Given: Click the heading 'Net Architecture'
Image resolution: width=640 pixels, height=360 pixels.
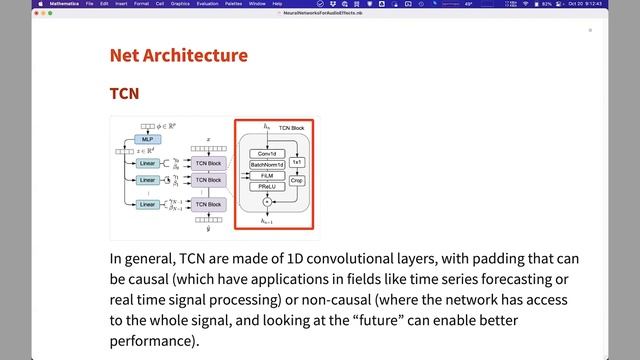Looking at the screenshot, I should (178, 54).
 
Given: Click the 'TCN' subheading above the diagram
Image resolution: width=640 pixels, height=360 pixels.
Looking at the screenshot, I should (124, 93).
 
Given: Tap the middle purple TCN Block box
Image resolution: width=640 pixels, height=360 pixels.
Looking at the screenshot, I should (208, 179).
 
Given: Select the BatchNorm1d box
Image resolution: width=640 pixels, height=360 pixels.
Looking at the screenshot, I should (267, 163).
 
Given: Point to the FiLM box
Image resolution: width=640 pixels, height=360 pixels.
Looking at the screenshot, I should (267, 175).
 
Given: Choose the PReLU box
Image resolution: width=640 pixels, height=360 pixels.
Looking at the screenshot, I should (267, 186).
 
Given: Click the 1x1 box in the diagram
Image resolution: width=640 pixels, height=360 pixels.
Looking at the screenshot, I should (297, 163).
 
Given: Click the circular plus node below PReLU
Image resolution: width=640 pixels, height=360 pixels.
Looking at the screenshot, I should (267, 202).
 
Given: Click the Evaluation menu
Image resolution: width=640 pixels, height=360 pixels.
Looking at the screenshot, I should (207, 4).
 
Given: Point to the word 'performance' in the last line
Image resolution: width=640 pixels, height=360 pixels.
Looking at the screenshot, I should (154, 340).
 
